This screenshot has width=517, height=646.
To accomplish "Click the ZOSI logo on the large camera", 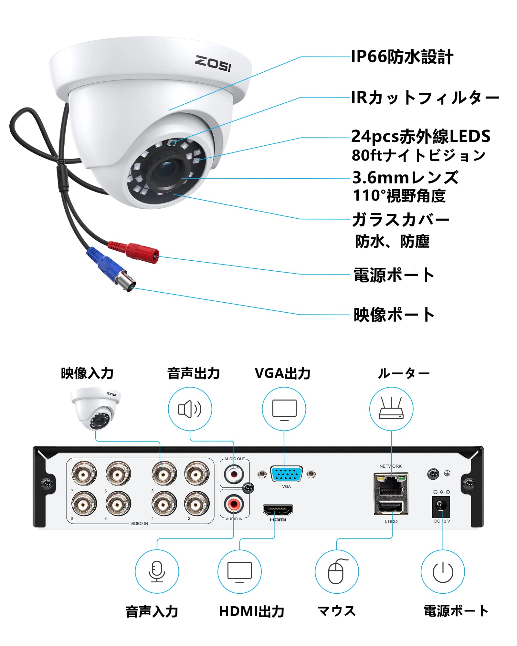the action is point(213,63).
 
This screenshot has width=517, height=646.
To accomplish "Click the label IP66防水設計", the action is point(402,57).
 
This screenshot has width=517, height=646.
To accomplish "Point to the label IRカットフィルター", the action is point(425,98).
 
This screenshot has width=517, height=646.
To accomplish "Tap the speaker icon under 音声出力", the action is point(190,409).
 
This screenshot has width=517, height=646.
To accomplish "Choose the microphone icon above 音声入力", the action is point(157,571).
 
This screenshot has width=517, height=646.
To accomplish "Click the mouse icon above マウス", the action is point(337,571).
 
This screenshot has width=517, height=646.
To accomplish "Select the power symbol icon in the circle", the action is point(443,571).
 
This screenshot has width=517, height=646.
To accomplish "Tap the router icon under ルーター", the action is point(391,409).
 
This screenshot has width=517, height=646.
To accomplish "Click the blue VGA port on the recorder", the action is point(286,474).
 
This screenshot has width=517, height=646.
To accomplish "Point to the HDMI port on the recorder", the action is point(278,510).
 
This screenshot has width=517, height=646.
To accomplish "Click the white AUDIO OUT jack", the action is point(234,474).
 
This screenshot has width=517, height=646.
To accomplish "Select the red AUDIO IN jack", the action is point(234,504).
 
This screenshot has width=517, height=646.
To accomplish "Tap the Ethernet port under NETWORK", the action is point(391,485).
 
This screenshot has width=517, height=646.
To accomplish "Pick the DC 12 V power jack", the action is point(441,506).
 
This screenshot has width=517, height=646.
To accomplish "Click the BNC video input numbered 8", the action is point(84,503).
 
